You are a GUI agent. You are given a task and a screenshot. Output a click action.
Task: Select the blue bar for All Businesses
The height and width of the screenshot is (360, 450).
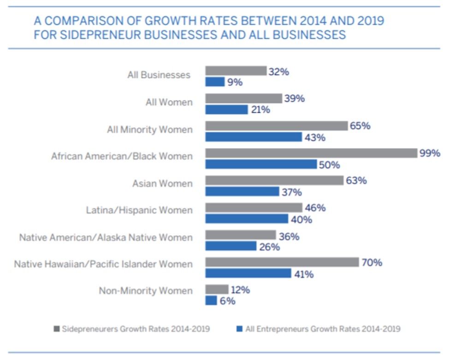pyautogui.click(x=215, y=82)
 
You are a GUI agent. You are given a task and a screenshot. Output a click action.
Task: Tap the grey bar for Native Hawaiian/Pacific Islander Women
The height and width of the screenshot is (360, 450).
pyautogui.click(x=282, y=262)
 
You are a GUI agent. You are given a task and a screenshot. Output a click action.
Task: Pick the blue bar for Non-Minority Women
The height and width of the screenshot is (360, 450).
pyautogui.click(x=211, y=300)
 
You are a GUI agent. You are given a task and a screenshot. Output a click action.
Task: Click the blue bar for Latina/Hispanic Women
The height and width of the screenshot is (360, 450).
pyautogui.click(x=246, y=219)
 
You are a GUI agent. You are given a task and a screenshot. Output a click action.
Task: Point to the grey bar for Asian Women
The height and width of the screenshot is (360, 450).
pyautogui.click(x=274, y=180)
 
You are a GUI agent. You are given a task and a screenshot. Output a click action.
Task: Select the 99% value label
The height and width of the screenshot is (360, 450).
pyautogui.click(x=430, y=153)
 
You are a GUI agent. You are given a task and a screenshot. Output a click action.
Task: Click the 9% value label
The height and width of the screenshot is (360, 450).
pyautogui.click(x=234, y=83)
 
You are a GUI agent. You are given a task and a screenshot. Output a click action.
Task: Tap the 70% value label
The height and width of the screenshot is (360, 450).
pyautogui.click(x=372, y=263)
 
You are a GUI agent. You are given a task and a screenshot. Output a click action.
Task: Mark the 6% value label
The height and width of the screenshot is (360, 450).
pyautogui.click(x=227, y=301)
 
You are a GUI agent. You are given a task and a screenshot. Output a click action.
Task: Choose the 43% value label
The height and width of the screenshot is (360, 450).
pyautogui.click(x=314, y=137)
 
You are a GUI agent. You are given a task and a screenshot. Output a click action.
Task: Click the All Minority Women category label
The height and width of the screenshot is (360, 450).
pyautogui.click(x=150, y=130)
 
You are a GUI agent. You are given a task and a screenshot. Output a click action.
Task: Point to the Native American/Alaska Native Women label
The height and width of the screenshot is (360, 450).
pyautogui.click(x=106, y=238)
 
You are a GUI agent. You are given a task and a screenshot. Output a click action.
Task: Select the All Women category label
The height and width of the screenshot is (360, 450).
pyautogui.click(x=169, y=102)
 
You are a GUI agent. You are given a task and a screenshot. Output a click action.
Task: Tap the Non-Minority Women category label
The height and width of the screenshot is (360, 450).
pyautogui.click(x=146, y=291)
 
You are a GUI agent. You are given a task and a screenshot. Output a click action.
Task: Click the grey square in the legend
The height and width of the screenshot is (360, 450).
pyautogui.click(x=57, y=329)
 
